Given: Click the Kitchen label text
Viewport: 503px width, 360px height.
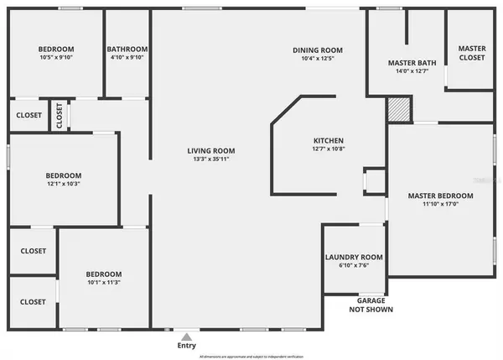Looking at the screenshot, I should tap(329, 140).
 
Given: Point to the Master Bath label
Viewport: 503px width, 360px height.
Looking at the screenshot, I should tap(408, 63).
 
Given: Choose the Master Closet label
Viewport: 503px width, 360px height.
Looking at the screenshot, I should tap(471, 54).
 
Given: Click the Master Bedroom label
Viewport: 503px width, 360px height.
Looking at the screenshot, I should tap(440, 196).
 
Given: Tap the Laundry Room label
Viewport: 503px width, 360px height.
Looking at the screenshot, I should tap(354, 257).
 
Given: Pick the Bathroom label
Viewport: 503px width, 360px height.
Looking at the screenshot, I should tap(127, 50).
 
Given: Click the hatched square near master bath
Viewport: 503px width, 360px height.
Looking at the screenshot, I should tap(398, 109).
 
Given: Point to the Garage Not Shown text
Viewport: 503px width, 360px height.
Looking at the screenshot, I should tap(371, 305).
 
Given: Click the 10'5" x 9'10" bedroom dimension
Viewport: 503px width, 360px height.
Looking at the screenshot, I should tap(56, 58).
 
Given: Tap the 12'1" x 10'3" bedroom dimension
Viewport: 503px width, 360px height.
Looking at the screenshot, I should tap(63, 183).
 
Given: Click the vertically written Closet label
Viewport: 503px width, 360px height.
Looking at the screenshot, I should tap(59, 116).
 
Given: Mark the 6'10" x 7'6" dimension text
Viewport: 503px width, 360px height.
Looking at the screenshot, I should tap(354, 265).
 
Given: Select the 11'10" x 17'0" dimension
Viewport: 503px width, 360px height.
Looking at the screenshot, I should tap(440, 204).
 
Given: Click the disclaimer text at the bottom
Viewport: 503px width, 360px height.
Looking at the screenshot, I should tap(251, 356).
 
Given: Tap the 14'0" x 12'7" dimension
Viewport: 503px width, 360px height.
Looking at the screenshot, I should tap(408, 71).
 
